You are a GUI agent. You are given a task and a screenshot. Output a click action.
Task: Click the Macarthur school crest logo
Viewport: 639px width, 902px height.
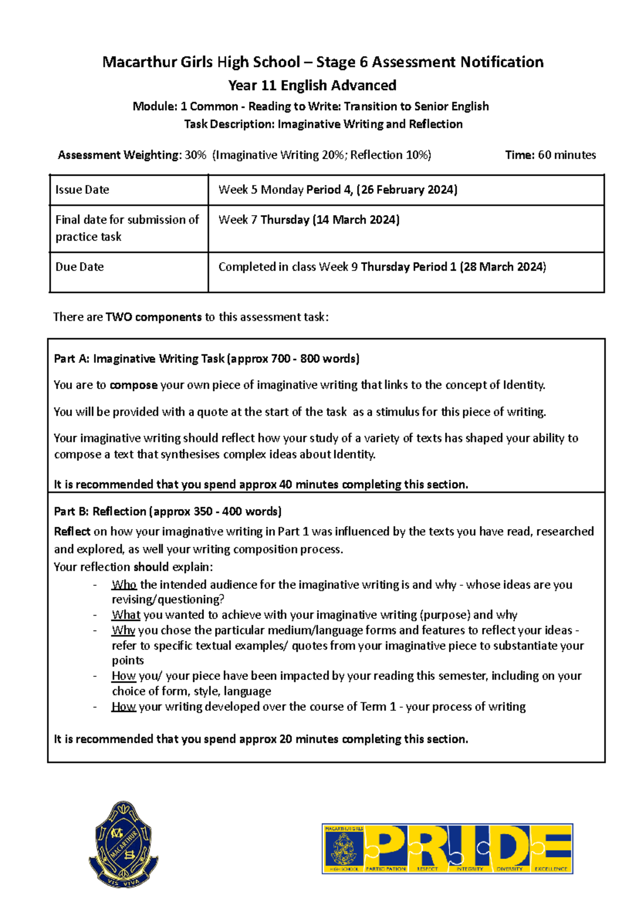coord(124,843)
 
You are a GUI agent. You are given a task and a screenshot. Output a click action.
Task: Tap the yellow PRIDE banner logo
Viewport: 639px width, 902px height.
coord(447,849)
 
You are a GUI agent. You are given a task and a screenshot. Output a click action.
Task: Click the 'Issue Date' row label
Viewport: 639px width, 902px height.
coord(82,190)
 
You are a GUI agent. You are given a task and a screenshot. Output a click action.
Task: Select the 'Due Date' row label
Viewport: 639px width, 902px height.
coord(79,267)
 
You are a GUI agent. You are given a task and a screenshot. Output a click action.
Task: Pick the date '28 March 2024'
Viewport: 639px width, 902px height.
coord(503,267)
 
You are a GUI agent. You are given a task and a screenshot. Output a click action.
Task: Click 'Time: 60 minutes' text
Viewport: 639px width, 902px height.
coord(550,155)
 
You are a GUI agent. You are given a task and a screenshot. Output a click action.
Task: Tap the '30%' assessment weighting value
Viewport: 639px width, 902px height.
coord(195,155)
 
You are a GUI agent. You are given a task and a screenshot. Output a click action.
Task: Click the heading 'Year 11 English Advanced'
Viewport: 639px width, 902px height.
coord(312,85)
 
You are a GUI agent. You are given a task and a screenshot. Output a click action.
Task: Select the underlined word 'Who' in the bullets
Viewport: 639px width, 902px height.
coord(124,585)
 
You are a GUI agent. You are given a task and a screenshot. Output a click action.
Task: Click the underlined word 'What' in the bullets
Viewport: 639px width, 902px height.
coord(126,615)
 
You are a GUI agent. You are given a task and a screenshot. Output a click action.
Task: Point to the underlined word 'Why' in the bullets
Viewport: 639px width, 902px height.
coord(123,630)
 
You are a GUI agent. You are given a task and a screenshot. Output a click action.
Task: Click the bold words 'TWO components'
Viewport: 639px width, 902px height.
coord(153,317)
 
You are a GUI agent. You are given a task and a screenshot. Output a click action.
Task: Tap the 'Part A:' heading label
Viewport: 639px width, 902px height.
coord(71,359)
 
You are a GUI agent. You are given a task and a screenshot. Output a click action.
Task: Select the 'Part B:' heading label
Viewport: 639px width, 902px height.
coord(71,512)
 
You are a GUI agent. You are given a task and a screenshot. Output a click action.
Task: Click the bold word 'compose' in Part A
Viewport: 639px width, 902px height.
coord(133,385)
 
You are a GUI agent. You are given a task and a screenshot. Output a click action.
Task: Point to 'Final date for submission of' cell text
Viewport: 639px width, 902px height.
coord(127,220)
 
